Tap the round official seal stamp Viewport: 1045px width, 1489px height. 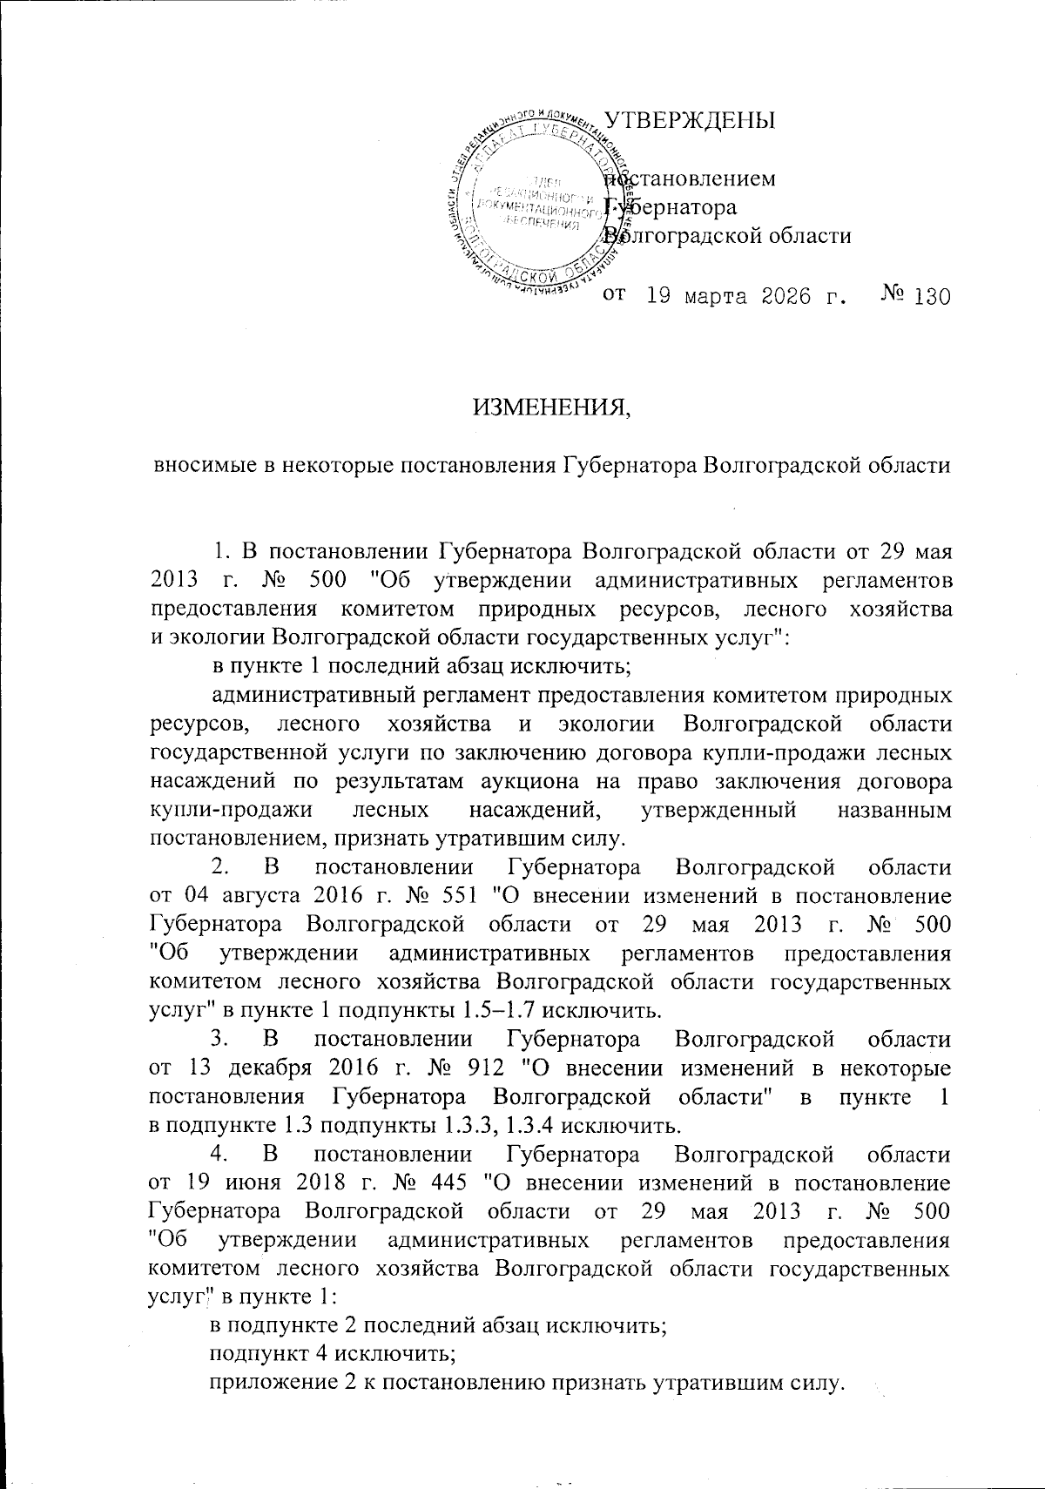click(x=533, y=205)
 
